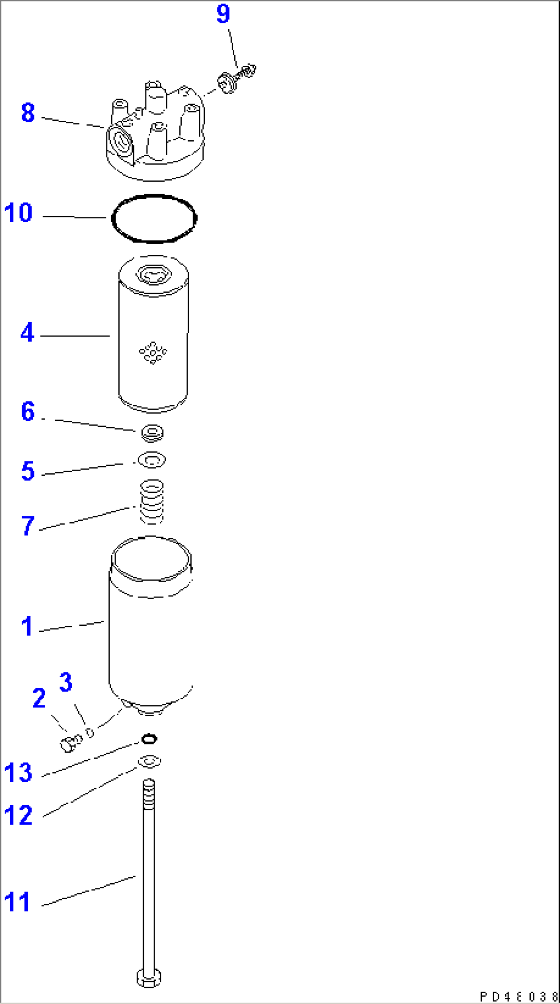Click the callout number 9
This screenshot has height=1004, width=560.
[x=223, y=14]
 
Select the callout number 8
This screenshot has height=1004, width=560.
[x=28, y=113]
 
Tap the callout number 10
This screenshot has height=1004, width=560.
[x=18, y=213]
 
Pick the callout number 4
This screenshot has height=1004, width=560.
[x=27, y=333]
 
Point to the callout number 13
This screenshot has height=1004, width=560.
[x=18, y=772]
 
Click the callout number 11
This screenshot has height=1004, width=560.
[x=17, y=902]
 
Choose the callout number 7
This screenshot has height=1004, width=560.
[x=28, y=526]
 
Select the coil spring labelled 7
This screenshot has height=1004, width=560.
[x=152, y=501]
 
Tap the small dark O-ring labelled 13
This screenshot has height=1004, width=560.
[x=149, y=739]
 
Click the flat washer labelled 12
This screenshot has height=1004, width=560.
[x=149, y=761]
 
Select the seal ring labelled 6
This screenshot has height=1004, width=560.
[x=152, y=433]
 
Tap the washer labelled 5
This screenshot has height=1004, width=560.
[x=151, y=460]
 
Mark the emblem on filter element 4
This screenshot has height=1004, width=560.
[x=153, y=352]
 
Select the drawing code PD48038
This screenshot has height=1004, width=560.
[x=518, y=996]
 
